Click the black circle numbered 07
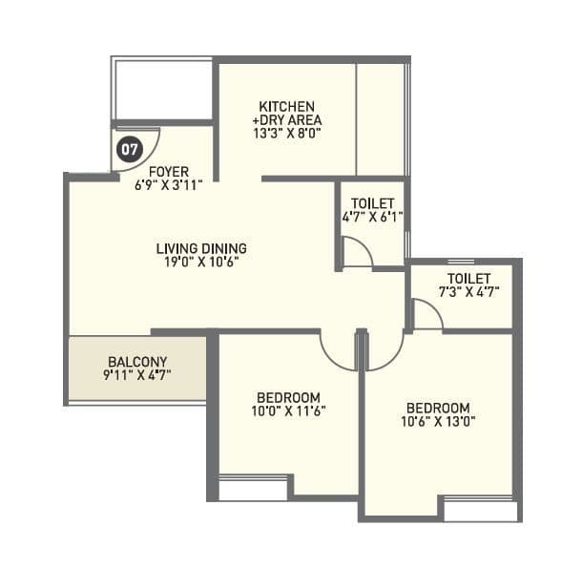pos(129,149)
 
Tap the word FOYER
pos(169,172)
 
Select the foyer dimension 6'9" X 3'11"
pos(169,185)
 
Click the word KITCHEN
pos(287,106)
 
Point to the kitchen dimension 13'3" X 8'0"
pos(287,135)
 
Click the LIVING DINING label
pos(200,248)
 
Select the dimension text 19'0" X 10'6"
pos(200,262)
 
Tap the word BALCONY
pos(137,361)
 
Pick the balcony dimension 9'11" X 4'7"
pos(137,375)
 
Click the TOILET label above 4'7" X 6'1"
pos(372,203)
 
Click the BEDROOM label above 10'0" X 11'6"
pos(288,397)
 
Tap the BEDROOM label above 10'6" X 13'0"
pos(438,407)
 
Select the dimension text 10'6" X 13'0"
pos(438,420)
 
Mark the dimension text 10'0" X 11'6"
pos(288,411)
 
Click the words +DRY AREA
pos(287,120)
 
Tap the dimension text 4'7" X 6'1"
pos(372,218)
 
